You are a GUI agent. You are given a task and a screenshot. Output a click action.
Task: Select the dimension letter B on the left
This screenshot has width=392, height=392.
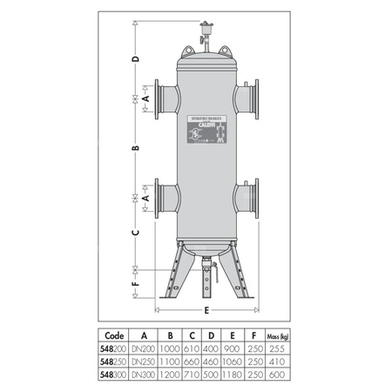pyautogui.click(x=135, y=149)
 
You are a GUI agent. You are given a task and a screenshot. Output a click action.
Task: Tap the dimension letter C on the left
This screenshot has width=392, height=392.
pyautogui.click(x=135, y=233)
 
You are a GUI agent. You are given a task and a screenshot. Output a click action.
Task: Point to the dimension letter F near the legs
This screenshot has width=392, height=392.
pyautogui.click(x=135, y=284)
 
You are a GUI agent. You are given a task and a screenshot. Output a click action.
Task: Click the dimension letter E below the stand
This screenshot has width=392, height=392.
pyautogui.click(x=206, y=308)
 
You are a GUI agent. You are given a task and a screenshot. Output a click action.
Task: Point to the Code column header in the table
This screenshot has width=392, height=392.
pyautogui.click(x=112, y=334)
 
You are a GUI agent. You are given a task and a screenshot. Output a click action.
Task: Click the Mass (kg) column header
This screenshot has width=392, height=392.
pyautogui.click(x=278, y=334)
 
